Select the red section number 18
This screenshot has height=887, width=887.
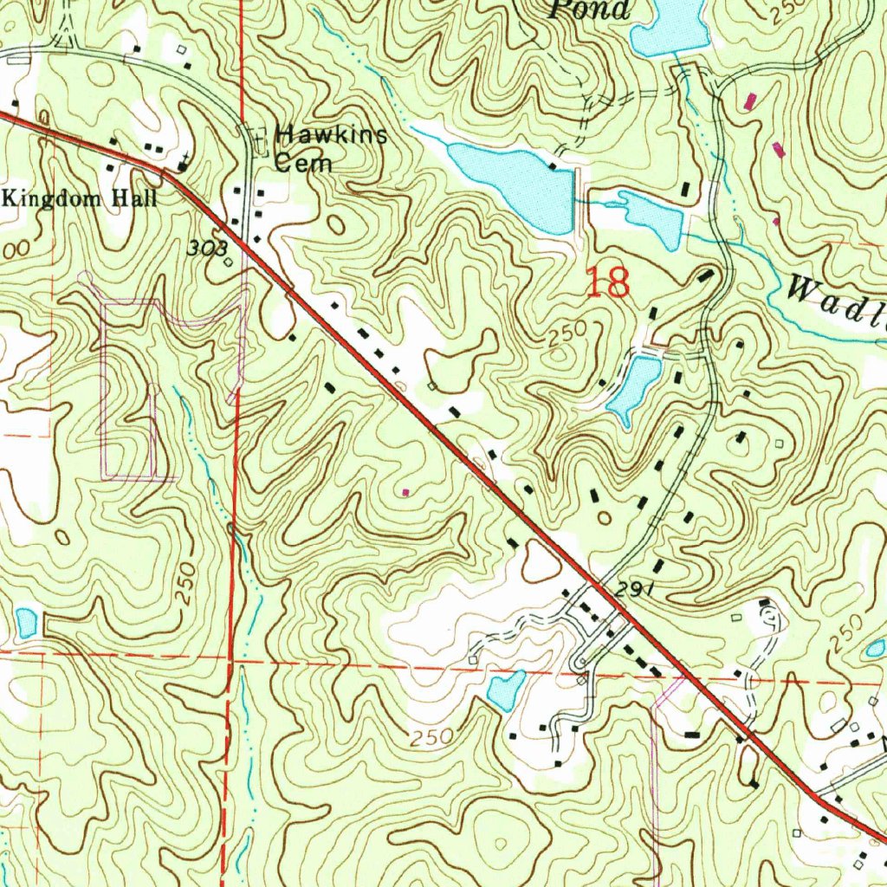607,283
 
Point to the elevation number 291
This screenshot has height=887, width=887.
634,590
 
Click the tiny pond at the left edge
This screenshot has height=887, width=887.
26,622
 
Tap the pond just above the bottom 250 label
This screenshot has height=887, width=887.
506,689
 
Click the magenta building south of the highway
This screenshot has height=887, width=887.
406,492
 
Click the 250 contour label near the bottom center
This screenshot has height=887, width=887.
431,739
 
